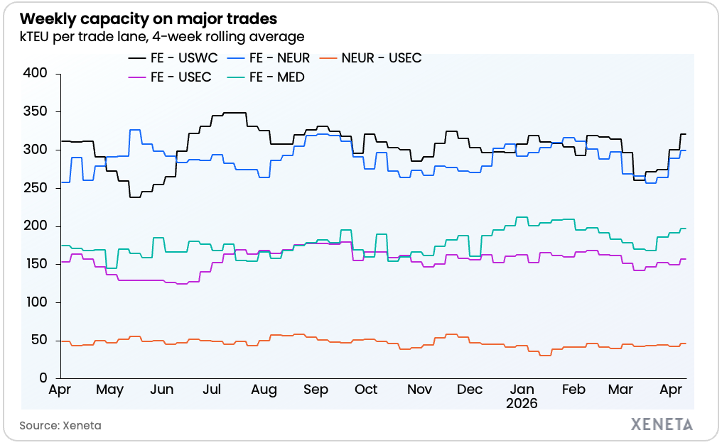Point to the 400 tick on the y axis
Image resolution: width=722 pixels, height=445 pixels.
35,73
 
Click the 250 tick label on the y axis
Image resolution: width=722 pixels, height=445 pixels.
35,188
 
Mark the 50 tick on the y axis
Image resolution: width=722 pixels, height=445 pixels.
38,341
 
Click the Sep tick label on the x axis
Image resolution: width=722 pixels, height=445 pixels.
316,390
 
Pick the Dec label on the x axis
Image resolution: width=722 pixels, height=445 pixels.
470,390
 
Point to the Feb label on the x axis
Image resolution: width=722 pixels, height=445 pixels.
573,390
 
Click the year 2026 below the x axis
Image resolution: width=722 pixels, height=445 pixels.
522,403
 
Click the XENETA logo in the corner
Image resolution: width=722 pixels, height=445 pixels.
662,424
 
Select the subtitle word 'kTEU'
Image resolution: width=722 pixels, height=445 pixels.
35,35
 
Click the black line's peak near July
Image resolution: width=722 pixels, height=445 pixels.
235,113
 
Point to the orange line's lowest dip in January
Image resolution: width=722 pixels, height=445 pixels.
545,355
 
